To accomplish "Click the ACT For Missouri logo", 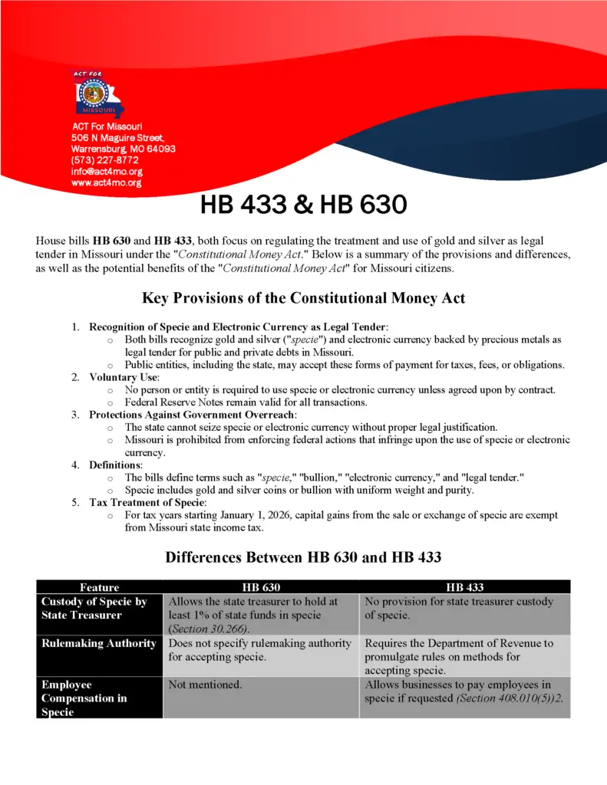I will pyautogui.click(x=97, y=94).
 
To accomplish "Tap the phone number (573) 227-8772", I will pyautogui.click(x=104, y=160).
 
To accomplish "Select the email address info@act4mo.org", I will pyautogui.click(x=107, y=172).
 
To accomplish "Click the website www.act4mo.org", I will pyautogui.click(x=106, y=183).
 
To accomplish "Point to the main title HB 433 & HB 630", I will pyautogui.click(x=303, y=205).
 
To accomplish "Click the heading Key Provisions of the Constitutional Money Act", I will pyautogui.click(x=303, y=298).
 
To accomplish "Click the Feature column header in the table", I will pyautogui.click(x=100, y=587).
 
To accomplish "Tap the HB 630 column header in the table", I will pyautogui.click(x=261, y=587).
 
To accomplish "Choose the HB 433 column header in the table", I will pyautogui.click(x=465, y=587).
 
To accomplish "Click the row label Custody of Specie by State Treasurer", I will pyautogui.click(x=94, y=609).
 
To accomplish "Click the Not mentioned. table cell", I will pyautogui.click(x=205, y=685).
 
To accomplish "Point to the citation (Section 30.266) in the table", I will pyautogui.click(x=200, y=629).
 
